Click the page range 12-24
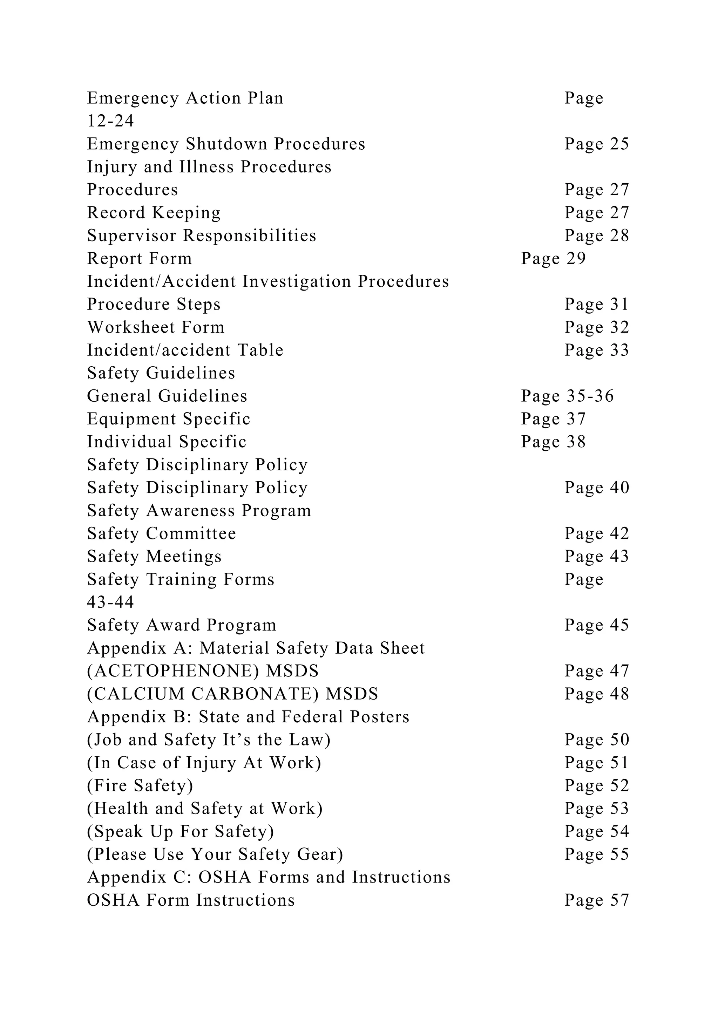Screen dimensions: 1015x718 pyautogui.click(x=110, y=121)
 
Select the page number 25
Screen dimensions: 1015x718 pyautogui.click(x=620, y=144)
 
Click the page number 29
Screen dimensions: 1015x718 pyautogui.click(x=576, y=259)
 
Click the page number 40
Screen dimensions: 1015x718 pyautogui.click(x=620, y=488)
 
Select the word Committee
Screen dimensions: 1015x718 pyautogui.click(x=191, y=533)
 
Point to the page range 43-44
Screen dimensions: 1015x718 pyautogui.click(x=110, y=602)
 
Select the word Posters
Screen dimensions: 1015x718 pyautogui.click(x=379, y=717)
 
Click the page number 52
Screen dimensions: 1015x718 pyautogui.click(x=620, y=785)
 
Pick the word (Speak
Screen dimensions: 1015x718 pyautogui.click(x=115, y=832)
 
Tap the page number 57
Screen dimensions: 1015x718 pyautogui.click(x=620, y=900)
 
